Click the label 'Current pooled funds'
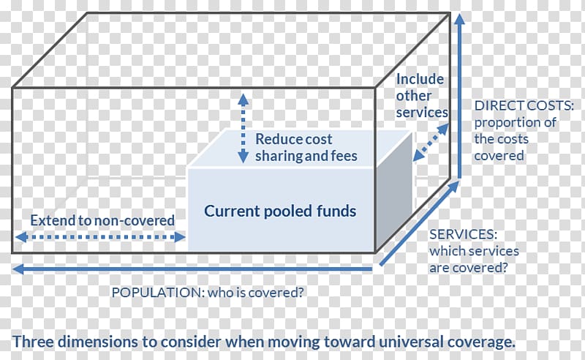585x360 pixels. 280,211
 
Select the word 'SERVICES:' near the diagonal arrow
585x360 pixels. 463,235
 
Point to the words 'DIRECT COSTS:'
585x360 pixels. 524,105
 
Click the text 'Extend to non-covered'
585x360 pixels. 102,220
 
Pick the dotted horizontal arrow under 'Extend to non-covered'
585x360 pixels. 100,237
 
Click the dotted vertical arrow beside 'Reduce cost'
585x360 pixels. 244,128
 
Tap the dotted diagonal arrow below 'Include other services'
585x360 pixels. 431,143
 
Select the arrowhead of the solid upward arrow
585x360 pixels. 460,19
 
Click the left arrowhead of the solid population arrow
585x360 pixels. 18,269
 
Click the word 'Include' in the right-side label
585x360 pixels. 420,79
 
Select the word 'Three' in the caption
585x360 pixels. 33,342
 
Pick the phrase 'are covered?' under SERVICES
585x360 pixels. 469,268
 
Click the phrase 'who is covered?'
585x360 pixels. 255,293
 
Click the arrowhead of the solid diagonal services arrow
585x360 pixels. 454,186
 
